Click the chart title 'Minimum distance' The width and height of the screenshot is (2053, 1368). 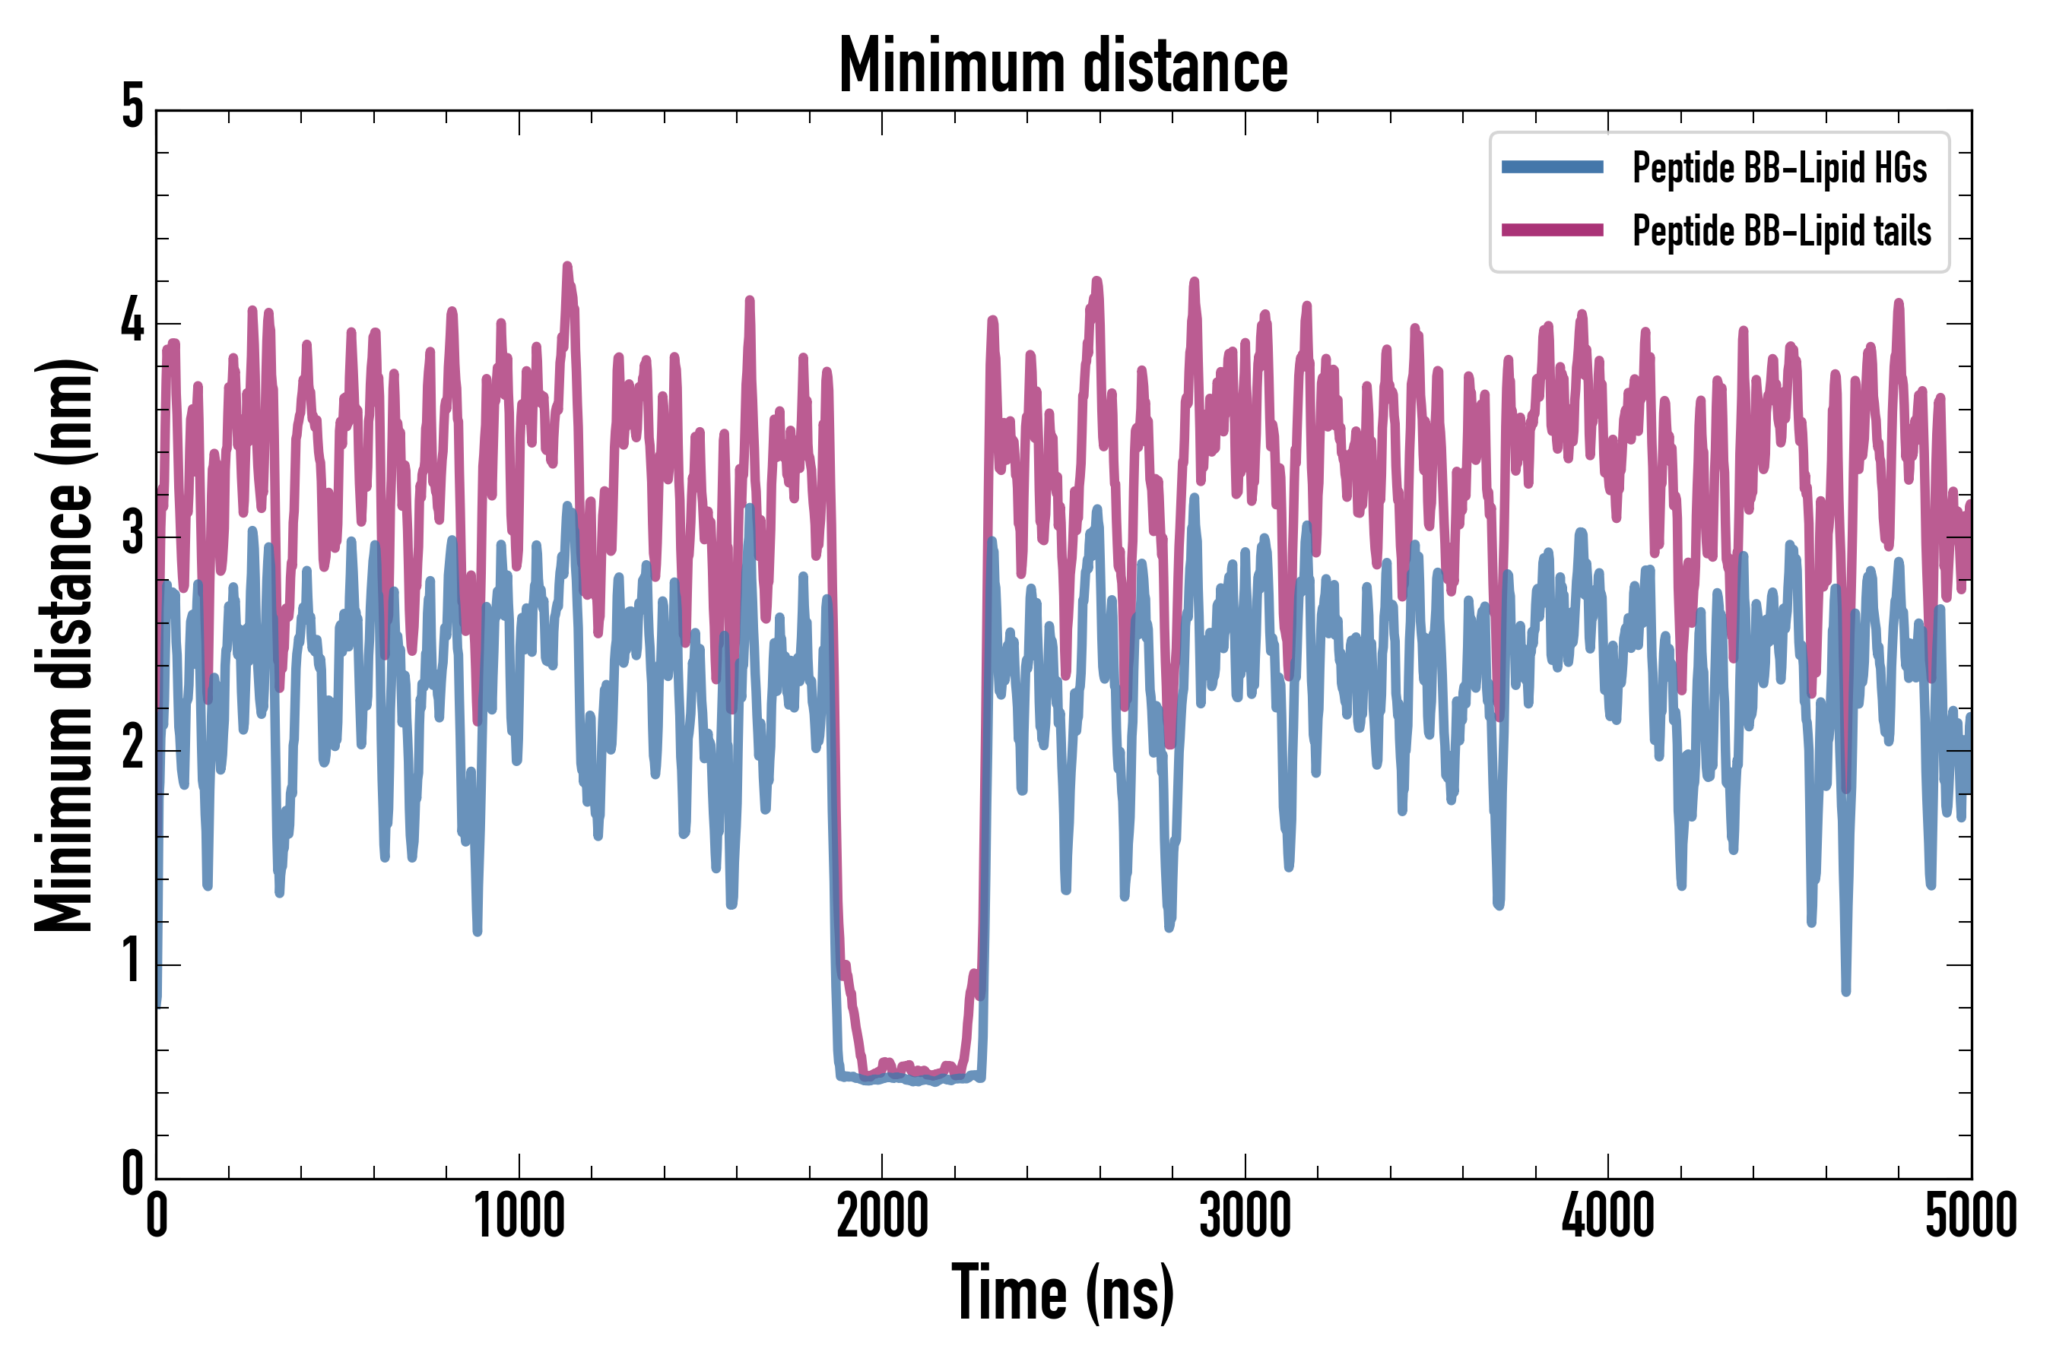tap(1062, 66)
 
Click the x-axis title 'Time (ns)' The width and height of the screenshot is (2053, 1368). tap(1062, 1293)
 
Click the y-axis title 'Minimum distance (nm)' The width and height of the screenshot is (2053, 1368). tap(63, 644)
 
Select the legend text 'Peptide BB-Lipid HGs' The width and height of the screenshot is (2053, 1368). tap(1779, 167)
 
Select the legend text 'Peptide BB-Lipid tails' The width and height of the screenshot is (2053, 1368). tap(1782, 231)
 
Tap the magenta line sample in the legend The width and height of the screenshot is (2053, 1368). tap(1552, 230)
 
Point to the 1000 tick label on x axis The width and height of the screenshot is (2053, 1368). tap(519, 1216)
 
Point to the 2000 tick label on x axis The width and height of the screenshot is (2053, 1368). tap(881, 1216)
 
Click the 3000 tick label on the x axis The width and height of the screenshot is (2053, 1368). tap(1245, 1216)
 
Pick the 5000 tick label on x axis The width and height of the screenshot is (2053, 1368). tap(1970, 1216)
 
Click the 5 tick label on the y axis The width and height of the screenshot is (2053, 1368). tap(132, 108)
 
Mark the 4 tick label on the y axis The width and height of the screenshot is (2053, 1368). tap(132, 322)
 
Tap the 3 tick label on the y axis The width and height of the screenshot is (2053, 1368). tap(132, 535)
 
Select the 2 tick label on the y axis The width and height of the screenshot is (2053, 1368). tap(132, 749)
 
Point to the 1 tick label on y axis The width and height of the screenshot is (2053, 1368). tap(132, 962)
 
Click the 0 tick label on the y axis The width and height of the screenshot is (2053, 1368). tap(132, 1174)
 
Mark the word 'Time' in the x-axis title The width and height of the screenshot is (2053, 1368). tap(1008, 1293)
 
